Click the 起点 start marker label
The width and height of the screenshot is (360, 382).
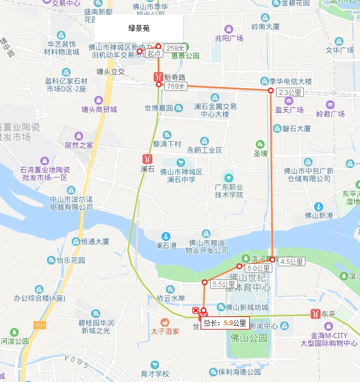coord(154,54)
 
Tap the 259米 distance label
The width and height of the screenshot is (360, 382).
coord(174,48)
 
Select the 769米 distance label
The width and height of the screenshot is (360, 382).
coord(175,86)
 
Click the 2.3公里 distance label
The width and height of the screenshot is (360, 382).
coord(291,92)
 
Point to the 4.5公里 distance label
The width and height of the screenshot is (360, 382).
coord(292,261)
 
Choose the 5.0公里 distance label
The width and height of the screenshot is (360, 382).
coord(256,268)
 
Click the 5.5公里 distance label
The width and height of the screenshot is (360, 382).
coord(224,284)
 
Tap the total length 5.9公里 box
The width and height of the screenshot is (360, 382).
coord(224,323)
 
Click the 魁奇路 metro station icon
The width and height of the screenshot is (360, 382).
coord(158,76)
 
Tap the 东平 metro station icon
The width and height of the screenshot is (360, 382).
coord(315,314)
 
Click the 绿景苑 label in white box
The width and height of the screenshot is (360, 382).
coord(139,28)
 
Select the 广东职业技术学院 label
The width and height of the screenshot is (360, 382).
coord(229,191)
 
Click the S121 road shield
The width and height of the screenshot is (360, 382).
coord(39,325)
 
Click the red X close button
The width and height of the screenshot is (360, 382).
coord(195,311)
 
